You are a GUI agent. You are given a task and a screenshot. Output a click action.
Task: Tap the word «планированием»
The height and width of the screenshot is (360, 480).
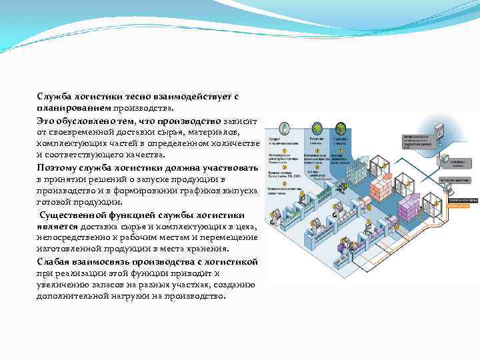[73, 108]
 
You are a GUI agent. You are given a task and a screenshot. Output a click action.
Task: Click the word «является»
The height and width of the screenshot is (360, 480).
[57, 226]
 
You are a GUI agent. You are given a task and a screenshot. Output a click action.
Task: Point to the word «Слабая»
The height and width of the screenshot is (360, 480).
[53, 261]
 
